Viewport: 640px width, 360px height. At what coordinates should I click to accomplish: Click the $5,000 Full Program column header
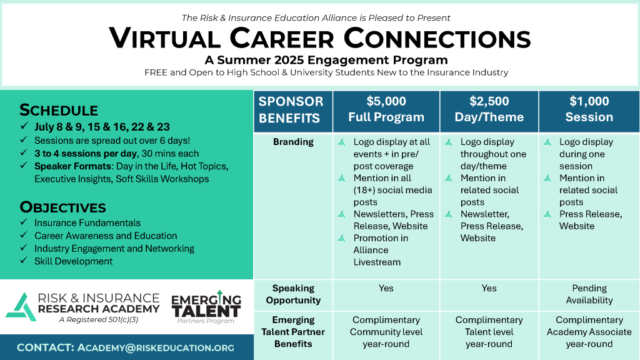386,109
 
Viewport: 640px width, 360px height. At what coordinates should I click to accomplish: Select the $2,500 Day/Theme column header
489,109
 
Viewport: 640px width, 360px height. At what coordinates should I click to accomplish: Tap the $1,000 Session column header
589,109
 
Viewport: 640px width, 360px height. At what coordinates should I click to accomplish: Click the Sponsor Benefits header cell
291,110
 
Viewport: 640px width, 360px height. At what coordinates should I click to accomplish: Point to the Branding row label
293,142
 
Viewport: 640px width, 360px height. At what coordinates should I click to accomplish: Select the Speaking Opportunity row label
293,294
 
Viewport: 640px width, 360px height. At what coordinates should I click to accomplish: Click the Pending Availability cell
589,294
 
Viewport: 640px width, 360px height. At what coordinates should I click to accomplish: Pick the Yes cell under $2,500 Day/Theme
489,288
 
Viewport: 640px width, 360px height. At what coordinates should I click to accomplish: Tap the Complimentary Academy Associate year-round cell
589,332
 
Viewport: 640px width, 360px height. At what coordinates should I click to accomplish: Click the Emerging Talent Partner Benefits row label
293,332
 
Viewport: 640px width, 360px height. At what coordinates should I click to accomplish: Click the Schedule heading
59,110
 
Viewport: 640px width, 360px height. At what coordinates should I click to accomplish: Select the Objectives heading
63,207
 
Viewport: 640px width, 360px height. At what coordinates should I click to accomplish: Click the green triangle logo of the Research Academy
21,307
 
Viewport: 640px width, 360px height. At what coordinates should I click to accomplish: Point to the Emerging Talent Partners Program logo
206,307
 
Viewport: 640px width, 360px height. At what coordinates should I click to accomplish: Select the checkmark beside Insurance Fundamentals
24,222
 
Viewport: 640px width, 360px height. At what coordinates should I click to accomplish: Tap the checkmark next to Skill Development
24,261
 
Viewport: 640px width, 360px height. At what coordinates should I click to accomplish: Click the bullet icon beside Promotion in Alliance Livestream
342,238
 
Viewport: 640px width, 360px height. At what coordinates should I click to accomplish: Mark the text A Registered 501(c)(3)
98,319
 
